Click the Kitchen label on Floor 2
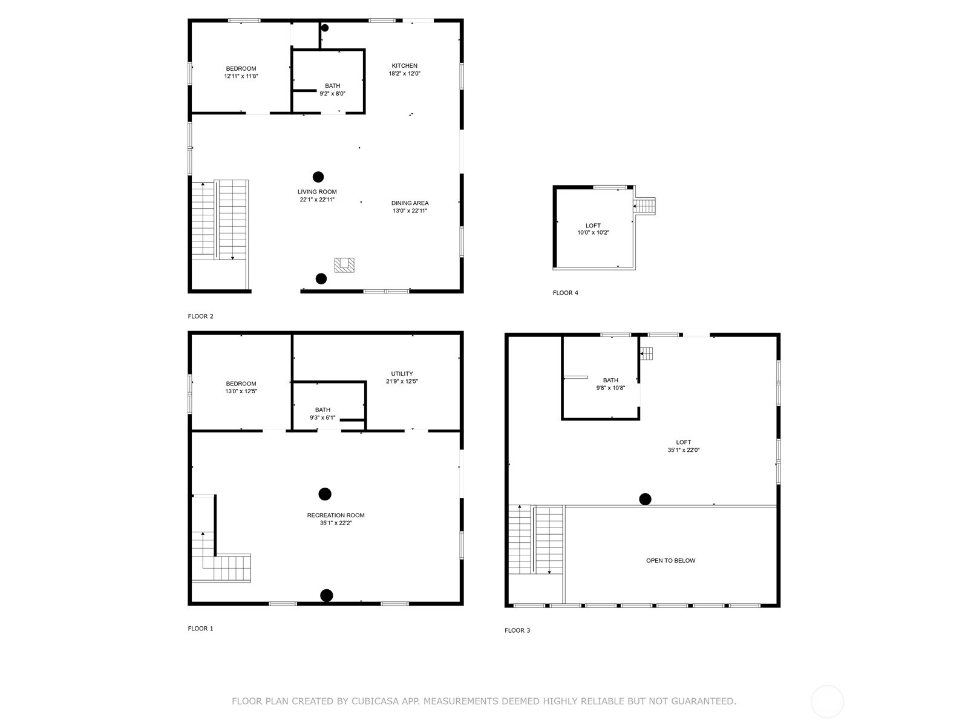(404, 66)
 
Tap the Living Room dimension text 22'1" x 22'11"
(317, 199)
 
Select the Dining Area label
(410, 203)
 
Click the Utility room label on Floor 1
(402, 374)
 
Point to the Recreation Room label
(336, 515)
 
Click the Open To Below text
(670, 561)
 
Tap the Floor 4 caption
(565, 293)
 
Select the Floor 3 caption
(517, 630)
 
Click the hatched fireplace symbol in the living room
(344, 265)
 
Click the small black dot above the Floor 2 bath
(324, 28)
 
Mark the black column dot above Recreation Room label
(324, 494)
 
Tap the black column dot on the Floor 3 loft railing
(645, 499)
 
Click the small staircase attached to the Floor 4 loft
(644, 206)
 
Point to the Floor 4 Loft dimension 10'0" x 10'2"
(593, 232)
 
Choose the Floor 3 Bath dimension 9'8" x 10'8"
(610, 388)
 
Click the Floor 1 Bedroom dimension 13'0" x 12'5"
(241, 391)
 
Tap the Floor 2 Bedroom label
(241, 69)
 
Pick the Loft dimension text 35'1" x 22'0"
(683, 450)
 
